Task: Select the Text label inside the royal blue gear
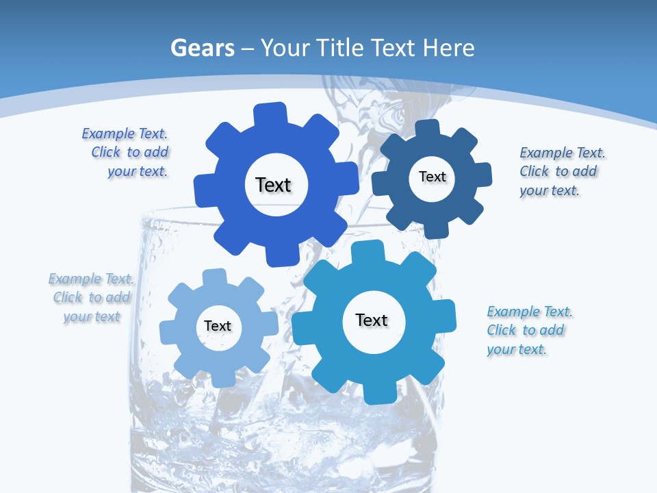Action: click(273, 185)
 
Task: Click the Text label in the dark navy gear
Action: click(432, 177)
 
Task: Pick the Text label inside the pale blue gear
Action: click(218, 326)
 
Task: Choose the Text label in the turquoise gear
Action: click(372, 320)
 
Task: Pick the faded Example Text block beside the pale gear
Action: click(92, 297)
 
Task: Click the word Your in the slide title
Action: click(287, 48)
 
